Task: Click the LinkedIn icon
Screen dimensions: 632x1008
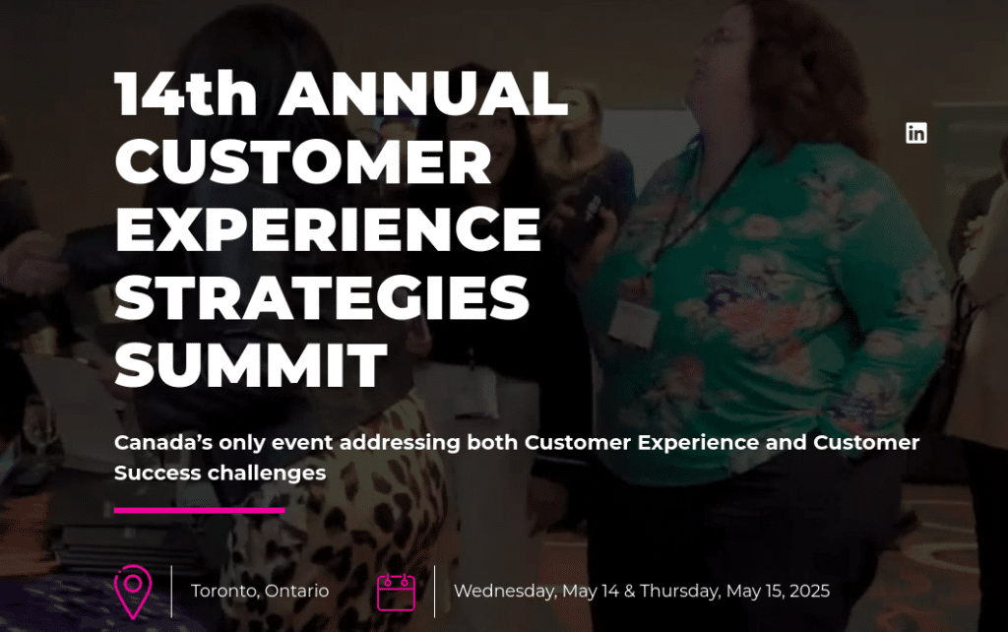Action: click(915, 133)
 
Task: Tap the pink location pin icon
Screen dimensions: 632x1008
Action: click(133, 591)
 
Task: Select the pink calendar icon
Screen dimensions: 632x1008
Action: click(396, 592)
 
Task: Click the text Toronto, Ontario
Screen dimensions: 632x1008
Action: click(260, 592)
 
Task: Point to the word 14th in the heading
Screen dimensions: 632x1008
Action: click(186, 95)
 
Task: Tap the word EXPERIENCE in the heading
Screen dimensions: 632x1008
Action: click(328, 228)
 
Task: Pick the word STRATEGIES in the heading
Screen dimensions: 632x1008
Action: click(322, 296)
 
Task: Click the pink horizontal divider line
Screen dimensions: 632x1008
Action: click(199, 510)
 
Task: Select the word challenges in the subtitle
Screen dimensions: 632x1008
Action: click(267, 474)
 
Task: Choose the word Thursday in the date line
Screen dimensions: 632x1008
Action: click(680, 592)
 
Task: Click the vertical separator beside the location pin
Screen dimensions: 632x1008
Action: click(171, 591)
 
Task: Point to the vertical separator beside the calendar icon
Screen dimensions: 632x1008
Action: click(434, 591)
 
